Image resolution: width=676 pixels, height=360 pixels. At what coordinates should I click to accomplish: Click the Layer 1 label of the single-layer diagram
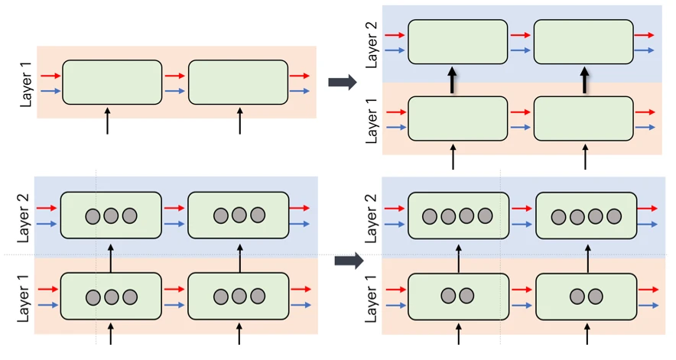click(x=26, y=85)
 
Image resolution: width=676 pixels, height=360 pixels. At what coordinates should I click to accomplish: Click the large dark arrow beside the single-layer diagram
click(x=343, y=82)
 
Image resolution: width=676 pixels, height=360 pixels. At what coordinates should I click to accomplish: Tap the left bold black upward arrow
click(x=452, y=79)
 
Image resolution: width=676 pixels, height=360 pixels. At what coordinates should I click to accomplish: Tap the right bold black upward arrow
click(x=584, y=79)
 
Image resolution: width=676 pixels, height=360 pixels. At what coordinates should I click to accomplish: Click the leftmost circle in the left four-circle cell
click(x=430, y=216)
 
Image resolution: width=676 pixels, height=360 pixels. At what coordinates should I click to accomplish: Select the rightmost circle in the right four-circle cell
click(x=614, y=216)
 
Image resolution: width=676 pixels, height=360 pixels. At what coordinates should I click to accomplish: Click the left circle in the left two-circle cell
click(x=448, y=296)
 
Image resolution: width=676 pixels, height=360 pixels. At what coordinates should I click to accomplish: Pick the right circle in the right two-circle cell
click(x=596, y=297)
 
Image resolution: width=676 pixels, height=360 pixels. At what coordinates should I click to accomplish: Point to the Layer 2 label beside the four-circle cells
click(x=371, y=219)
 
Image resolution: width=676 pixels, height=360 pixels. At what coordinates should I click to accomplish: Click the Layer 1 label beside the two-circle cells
click(x=371, y=298)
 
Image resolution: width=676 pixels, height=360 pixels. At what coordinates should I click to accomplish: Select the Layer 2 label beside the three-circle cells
click(x=23, y=218)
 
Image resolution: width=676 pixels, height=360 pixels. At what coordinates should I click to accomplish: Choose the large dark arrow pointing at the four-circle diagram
click(x=349, y=261)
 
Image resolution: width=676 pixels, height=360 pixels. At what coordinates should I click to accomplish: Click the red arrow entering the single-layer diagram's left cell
click(x=51, y=76)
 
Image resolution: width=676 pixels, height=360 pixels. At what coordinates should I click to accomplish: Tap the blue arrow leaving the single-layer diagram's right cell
click(x=300, y=91)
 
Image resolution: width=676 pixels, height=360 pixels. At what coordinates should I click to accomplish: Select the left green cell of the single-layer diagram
click(x=112, y=82)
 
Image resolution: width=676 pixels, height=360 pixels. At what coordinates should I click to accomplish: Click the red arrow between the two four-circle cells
click(x=522, y=209)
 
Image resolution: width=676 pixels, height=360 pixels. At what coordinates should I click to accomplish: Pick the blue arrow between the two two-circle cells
click(x=522, y=305)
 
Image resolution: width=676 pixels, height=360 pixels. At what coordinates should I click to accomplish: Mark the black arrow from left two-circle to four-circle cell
click(x=458, y=258)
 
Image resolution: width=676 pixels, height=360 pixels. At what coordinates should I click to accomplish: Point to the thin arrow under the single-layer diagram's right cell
click(x=239, y=121)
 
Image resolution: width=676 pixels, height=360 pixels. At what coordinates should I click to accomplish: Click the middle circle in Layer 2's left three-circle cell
click(x=111, y=215)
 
